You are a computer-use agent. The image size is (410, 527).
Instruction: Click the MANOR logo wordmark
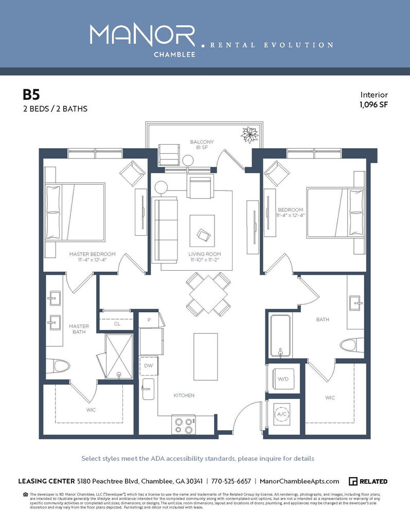(x=142, y=35)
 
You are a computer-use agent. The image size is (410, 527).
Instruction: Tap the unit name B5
(x=31, y=95)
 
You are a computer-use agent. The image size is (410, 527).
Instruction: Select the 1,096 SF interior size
(x=373, y=104)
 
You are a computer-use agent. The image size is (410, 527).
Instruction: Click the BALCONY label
(x=202, y=142)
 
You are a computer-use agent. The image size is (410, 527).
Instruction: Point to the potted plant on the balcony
(x=251, y=135)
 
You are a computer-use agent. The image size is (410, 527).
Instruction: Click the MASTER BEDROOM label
(x=93, y=254)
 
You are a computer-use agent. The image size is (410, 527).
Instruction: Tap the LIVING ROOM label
(x=204, y=254)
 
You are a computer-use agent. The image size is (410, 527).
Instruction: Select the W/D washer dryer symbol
(x=283, y=379)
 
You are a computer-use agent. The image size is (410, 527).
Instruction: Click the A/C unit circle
(x=282, y=414)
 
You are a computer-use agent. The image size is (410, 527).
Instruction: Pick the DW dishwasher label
(x=148, y=365)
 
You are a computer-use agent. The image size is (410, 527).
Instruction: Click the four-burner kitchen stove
(x=184, y=425)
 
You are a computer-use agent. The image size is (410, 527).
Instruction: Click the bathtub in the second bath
(x=281, y=335)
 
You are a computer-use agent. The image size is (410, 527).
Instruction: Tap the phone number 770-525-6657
(x=231, y=481)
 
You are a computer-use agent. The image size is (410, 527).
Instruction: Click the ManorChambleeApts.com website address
(x=299, y=481)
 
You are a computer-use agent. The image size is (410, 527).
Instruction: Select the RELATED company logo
(x=368, y=481)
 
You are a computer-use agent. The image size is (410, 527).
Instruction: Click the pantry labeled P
(x=149, y=319)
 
